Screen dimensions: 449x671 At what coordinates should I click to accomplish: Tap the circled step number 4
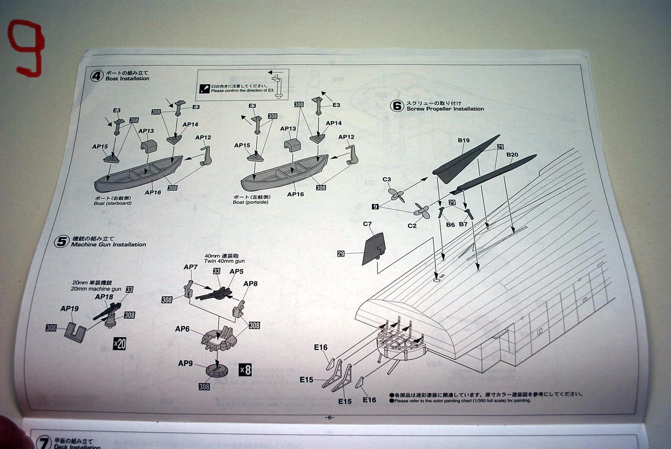click(x=97, y=76)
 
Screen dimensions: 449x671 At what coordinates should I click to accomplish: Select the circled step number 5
click(x=62, y=241)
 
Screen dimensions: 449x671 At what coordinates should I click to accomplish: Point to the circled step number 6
click(x=397, y=106)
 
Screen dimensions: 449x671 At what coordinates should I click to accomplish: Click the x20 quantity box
click(x=120, y=344)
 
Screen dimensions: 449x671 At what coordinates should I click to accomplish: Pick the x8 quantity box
click(x=245, y=369)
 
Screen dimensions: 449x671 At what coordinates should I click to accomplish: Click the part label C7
click(x=367, y=224)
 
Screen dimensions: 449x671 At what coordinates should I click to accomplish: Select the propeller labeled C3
click(x=396, y=195)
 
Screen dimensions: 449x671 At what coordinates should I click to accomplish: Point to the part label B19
click(x=463, y=140)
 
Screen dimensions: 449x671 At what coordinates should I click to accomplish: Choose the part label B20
click(x=512, y=155)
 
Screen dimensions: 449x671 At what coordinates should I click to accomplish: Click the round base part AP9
click(x=217, y=370)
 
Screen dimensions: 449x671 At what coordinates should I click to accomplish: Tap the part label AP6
click(x=182, y=329)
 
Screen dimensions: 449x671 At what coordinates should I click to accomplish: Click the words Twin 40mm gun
click(x=224, y=261)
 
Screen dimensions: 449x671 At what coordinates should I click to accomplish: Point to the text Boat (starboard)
click(x=112, y=203)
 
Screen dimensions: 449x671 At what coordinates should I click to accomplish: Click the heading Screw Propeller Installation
click(x=445, y=109)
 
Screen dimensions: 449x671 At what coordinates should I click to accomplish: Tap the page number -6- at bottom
click(x=329, y=417)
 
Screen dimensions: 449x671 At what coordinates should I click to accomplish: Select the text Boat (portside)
click(x=251, y=202)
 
